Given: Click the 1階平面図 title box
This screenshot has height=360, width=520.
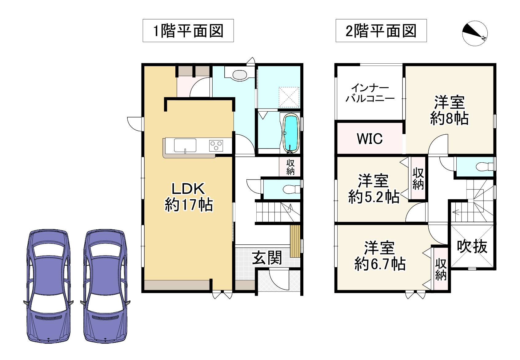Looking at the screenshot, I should pyautogui.click(x=188, y=31).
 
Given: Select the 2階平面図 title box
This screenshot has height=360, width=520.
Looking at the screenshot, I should pyautogui.click(x=381, y=31).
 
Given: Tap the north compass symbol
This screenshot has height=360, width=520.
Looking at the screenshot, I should pyautogui.click(x=475, y=33).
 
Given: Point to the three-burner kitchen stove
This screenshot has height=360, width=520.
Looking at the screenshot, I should pyautogui.click(x=216, y=145).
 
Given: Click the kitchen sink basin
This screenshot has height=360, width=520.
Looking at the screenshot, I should pyautogui.click(x=185, y=145).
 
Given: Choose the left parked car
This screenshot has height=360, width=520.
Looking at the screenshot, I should pyautogui.click(x=48, y=286).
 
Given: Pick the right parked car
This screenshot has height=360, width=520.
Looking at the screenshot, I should pyautogui.click(x=105, y=286).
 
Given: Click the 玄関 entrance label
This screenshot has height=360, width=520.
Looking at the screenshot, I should pyautogui.click(x=267, y=258).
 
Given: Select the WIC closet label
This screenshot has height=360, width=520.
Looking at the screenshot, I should pyautogui.click(x=370, y=139).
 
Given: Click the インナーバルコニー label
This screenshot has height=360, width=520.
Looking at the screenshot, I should pyautogui.click(x=370, y=93).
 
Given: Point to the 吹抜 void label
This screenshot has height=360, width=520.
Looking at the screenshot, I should pyautogui.click(x=472, y=246).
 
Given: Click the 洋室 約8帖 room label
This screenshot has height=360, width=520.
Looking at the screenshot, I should pyautogui.click(x=449, y=110).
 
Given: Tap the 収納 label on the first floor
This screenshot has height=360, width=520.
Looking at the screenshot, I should pyautogui.click(x=290, y=167).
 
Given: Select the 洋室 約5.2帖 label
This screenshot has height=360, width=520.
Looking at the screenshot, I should pyautogui.click(x=374, y=189).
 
